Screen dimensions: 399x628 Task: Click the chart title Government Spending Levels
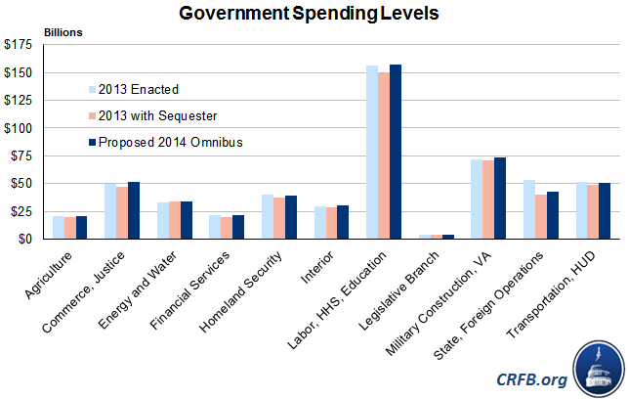(x=314, y=15)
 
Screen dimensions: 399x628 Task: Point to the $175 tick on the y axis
(x=23, y=45)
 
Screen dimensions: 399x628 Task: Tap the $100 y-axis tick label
(x=23, y=128)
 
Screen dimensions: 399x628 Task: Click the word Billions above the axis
(x=63, y=32)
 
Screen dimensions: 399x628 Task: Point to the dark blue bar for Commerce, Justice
(x=134, y=210)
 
